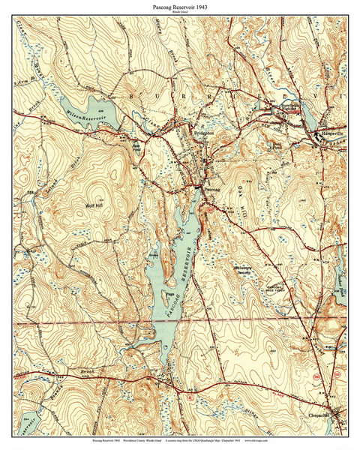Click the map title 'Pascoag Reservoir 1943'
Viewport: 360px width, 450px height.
(180, 7)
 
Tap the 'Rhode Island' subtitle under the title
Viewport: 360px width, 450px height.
(180, 13)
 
